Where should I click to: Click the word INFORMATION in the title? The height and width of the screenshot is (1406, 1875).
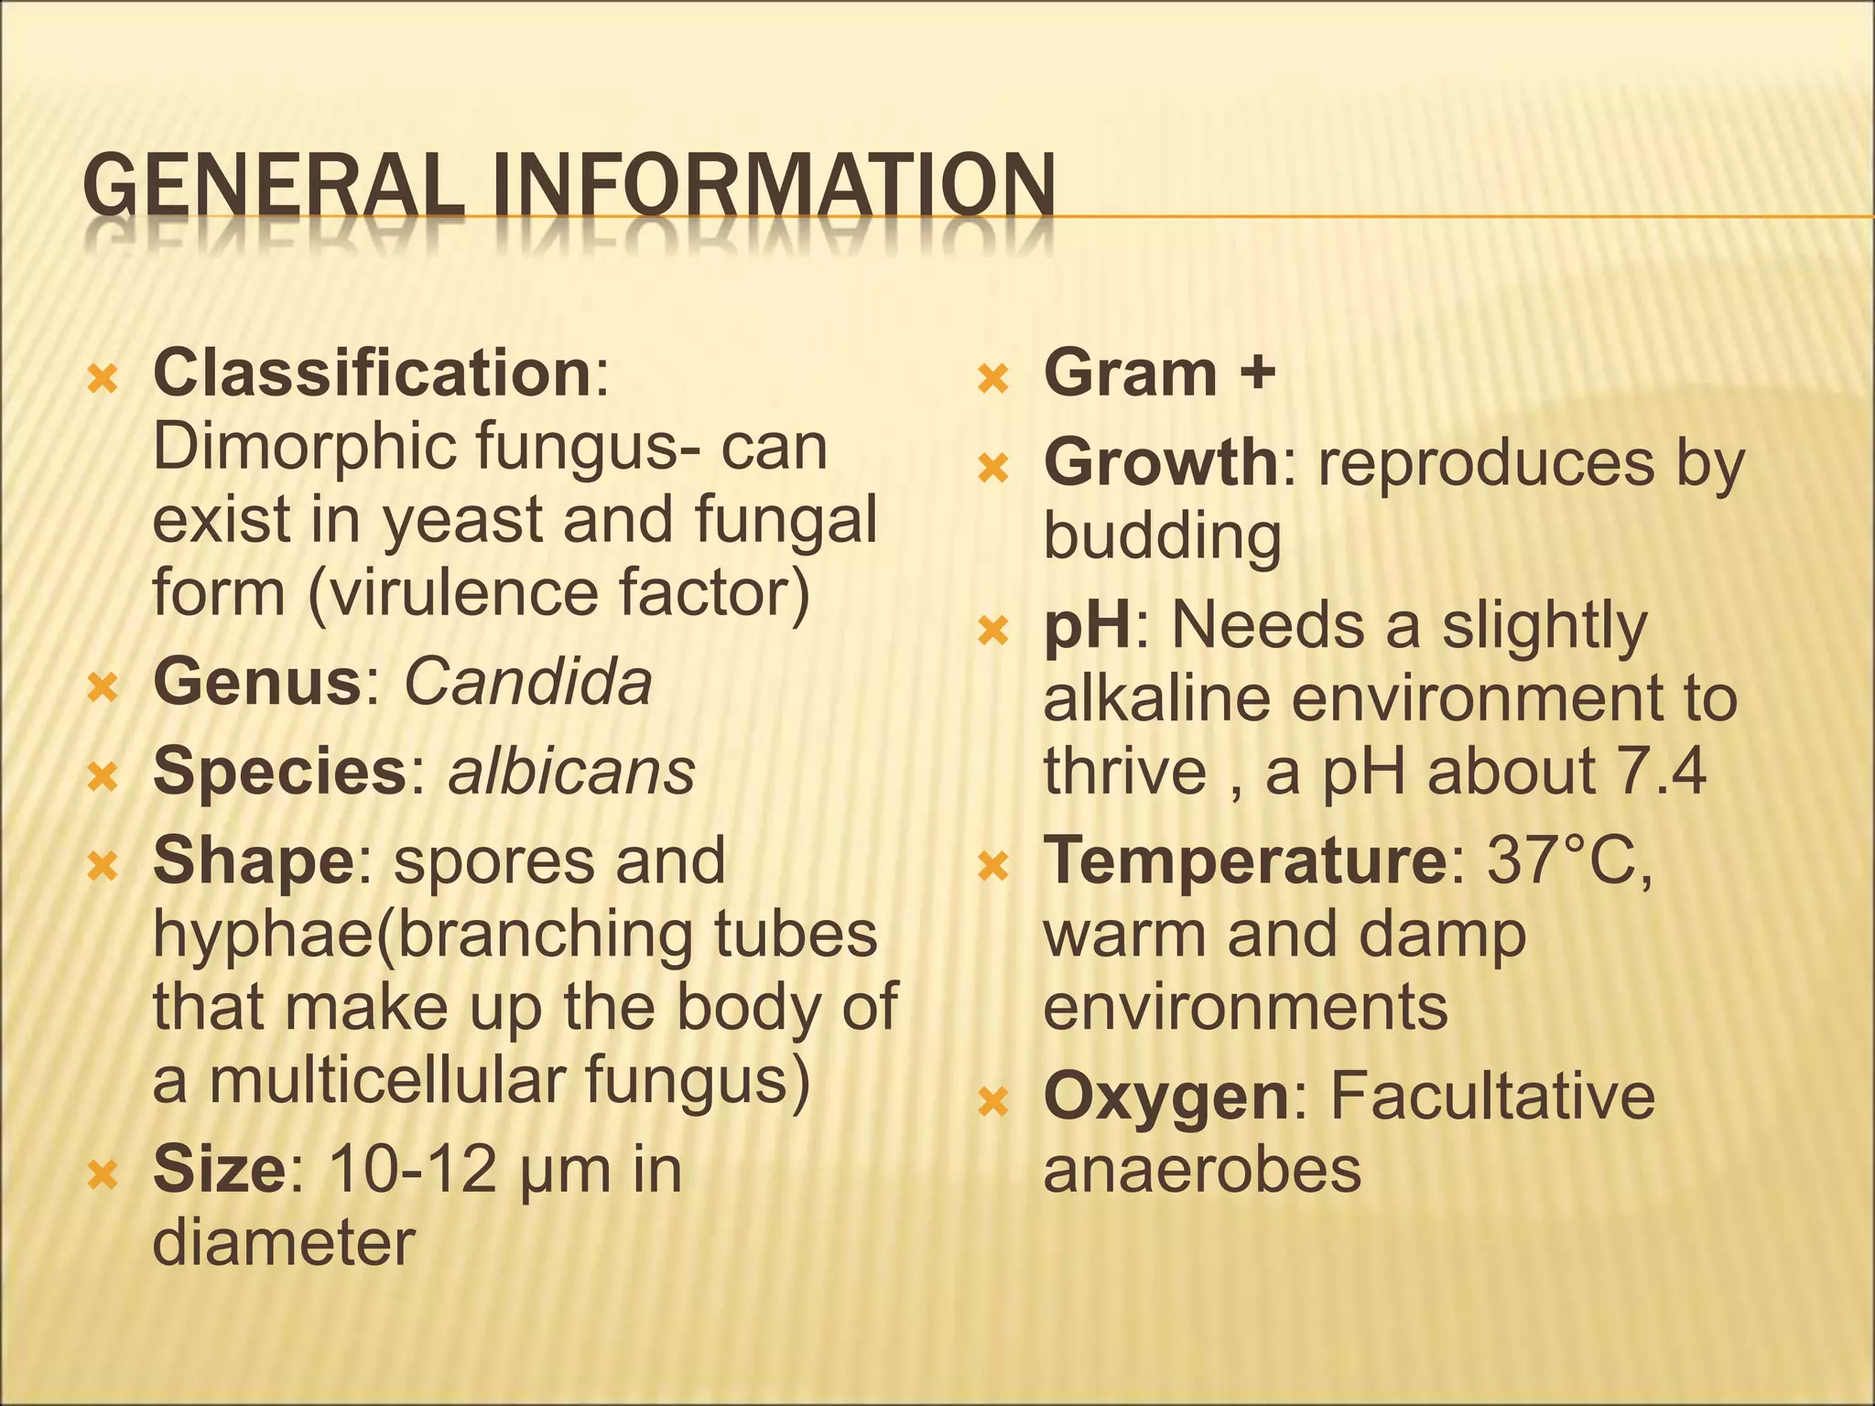click(x=770, y=186)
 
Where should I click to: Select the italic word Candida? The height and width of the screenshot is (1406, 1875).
click(x=528, y=682)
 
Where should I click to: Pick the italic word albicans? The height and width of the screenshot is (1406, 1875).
click(x=571, y=772)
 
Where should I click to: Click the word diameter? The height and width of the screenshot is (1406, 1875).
click(x=284, y=1243)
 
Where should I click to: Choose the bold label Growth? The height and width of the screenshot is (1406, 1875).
click(x=1161, y=463)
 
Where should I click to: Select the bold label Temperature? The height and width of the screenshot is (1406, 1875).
click(x=1243, y=861)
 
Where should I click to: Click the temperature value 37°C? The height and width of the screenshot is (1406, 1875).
click(x=1567, y=861)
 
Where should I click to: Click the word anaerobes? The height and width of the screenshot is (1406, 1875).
click(x=1202, y=1170)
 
